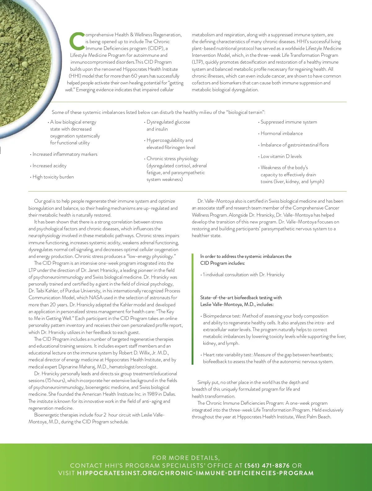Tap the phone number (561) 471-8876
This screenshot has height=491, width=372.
point(267,466)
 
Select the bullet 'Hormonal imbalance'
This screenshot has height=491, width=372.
point(281,133)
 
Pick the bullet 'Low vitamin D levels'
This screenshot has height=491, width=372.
point(281,156)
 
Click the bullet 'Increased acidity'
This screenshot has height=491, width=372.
point(49,166)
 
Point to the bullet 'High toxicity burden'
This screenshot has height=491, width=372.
point(53,177)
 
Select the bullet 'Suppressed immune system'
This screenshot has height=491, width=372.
point(289,122)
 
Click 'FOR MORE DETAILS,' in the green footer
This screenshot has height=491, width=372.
point(186,458)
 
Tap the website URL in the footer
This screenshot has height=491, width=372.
point(195,473)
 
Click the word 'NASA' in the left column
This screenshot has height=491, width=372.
point(96,298)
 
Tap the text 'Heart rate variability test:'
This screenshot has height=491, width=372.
point(228,355)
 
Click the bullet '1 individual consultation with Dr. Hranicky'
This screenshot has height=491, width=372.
point(243,275)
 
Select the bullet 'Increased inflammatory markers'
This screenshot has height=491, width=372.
point(65,154)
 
